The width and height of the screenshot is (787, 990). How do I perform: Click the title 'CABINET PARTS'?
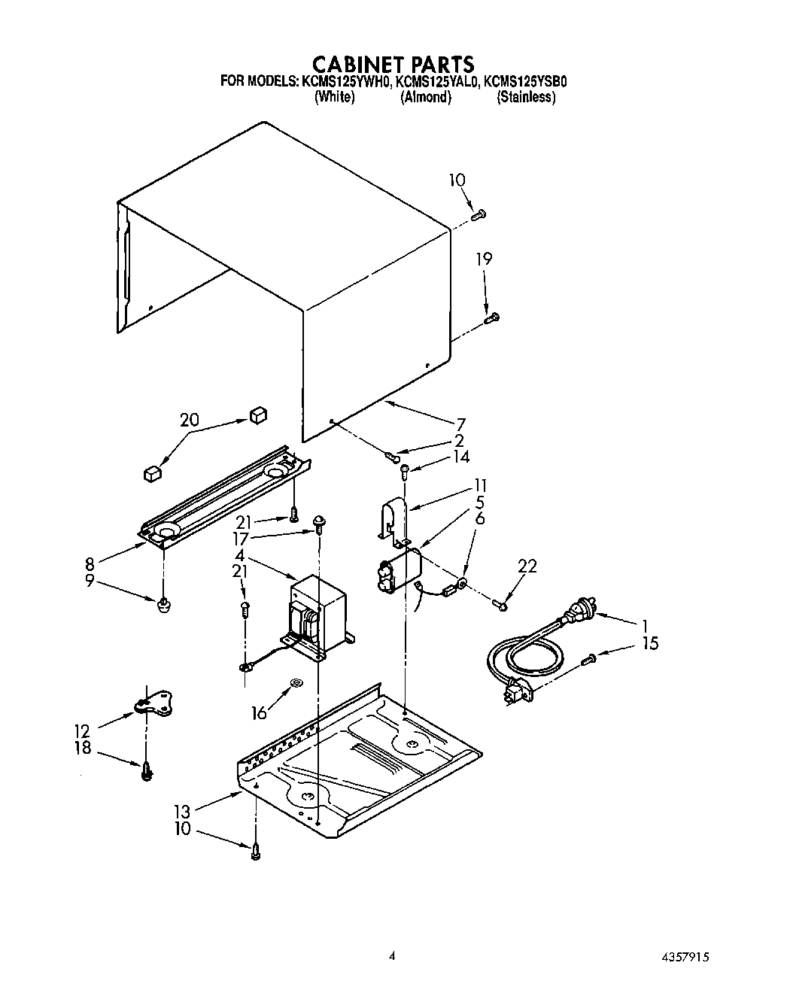[x=393, y=63]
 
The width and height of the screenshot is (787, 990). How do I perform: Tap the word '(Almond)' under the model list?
[x=426, y=97]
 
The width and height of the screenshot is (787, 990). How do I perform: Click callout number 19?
[x=484, y=260]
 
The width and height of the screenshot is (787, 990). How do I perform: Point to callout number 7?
[x=460, y=424]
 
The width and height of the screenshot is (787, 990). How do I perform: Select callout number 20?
[x=189, y=420]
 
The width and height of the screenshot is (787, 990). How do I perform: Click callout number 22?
[x=527, y=566]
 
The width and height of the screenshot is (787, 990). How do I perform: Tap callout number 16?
[x=259, y=712]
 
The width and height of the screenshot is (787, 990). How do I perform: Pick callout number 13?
[x=181, y=811]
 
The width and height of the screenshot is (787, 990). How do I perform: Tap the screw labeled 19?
[x=493, y=319]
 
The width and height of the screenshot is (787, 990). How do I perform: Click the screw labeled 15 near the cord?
[x=589, y=660]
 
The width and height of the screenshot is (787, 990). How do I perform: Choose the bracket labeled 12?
[x=154, y=703]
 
